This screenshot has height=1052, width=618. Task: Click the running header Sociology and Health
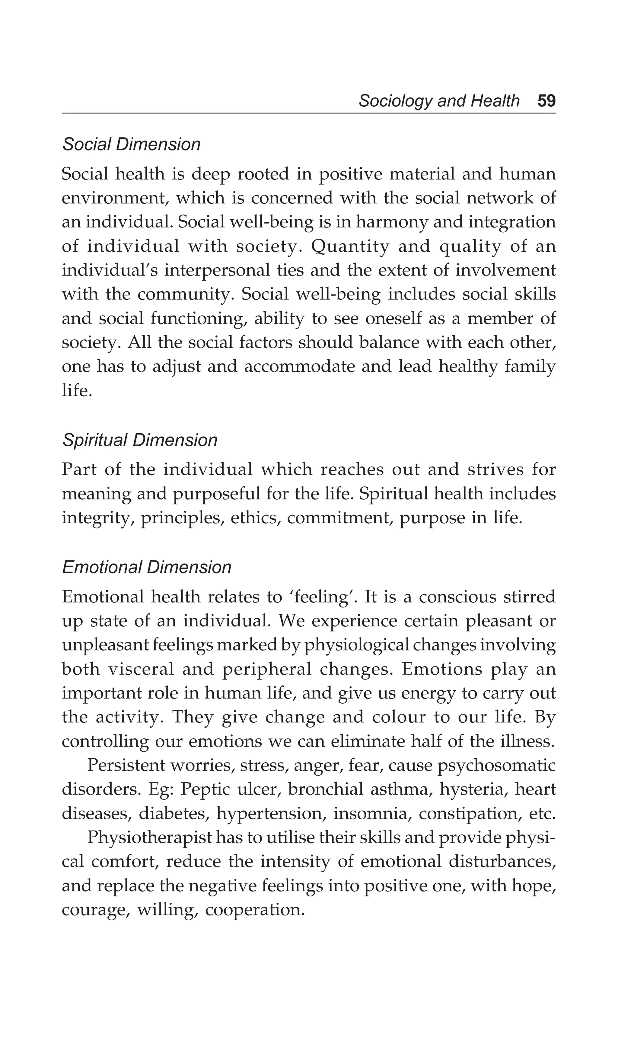[x=439, y=101]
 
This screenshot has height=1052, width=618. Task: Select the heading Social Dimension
[x=131, y=144]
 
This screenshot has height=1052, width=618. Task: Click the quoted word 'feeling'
[x=323, y=597]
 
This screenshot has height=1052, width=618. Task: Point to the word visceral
[x=141, y=669]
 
